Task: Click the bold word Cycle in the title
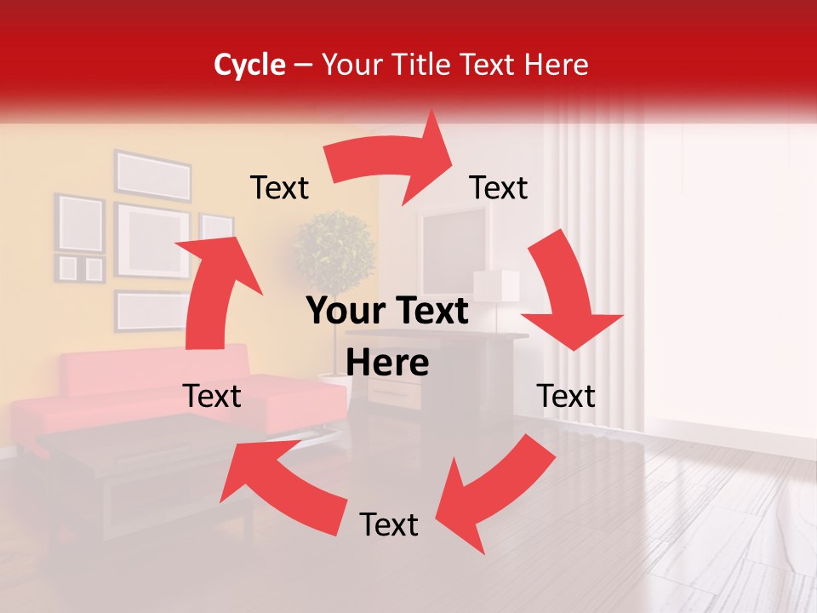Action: (249, 65)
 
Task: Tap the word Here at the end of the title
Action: (555, 65)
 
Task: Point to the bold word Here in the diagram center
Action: (387, 364)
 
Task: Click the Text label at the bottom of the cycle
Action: (389, 524)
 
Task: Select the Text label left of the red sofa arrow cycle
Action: (212, 396)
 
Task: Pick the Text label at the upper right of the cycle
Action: (499, 187)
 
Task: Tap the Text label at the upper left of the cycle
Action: (279, 187)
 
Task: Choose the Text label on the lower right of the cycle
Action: (566, 396)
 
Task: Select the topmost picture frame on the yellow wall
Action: (153, 175)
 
